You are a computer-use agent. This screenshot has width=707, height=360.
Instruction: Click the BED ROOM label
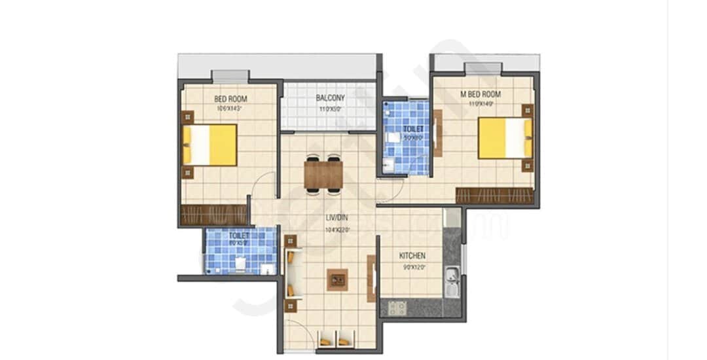[x=230, y=99]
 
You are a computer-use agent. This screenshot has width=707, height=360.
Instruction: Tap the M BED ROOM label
[x=480, y=94]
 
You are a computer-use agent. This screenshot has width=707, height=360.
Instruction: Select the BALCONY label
[x=330, y=98]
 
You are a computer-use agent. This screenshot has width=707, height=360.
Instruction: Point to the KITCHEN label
[x=412, y=256]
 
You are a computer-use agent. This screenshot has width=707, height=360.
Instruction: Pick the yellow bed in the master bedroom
[x=505, y=138]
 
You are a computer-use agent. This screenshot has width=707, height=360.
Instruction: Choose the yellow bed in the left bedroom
[x=210, y=145]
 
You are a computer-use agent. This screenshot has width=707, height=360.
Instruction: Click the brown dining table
[x=323, y=175]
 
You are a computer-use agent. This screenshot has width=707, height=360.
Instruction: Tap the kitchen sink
[x=451, y=281]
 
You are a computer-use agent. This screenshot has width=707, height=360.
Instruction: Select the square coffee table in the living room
[x=337, y=279]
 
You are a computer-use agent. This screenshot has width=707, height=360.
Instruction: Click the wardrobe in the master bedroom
[x=495, y=196]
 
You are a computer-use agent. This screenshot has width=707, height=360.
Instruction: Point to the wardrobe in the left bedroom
[x=213, y=215]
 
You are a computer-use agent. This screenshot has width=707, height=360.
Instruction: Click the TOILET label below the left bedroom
[x=239, y=235]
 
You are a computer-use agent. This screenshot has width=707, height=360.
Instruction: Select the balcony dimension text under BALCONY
[x=330, y=109]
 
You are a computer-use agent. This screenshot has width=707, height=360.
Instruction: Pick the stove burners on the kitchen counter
[x=397, y=307]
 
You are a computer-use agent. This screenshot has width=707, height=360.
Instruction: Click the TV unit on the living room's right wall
[x=371, y=278]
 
